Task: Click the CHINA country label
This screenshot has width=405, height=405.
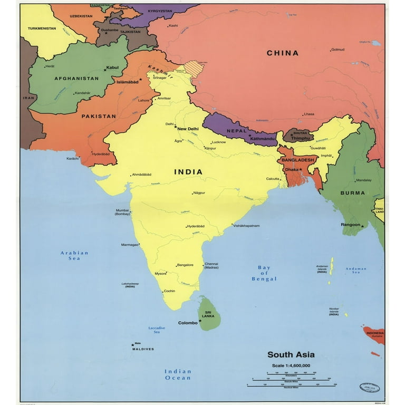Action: click(x=282, y=53)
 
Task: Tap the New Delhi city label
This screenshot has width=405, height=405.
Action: click(x=188, y=129)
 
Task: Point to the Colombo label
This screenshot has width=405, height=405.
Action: click(x=188, y=323)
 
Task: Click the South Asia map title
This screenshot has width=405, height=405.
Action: click(x=291, y=355)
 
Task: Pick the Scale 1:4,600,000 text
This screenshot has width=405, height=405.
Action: click(x=291, y=365)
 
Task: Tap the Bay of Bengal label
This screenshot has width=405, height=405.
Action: click(x=264, y=273)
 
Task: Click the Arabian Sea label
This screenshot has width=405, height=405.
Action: click(x=74, y=256)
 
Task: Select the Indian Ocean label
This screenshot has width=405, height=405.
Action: click(x=178, y=374)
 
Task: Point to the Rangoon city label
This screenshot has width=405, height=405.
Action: click(x=351, y=225)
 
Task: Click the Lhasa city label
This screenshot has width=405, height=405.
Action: click(x=309, y=114)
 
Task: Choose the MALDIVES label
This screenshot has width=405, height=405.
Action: click(x=143, y=349)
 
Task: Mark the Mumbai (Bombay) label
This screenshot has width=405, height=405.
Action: click(x=122, y=213)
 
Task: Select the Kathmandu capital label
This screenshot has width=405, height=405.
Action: click(x=263, y=138)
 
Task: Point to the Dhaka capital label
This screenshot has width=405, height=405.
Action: click(x=292, y=170)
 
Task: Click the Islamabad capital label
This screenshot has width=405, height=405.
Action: click(x=127, y=82)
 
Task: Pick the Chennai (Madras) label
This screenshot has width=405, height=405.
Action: click(x=211, y=265)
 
